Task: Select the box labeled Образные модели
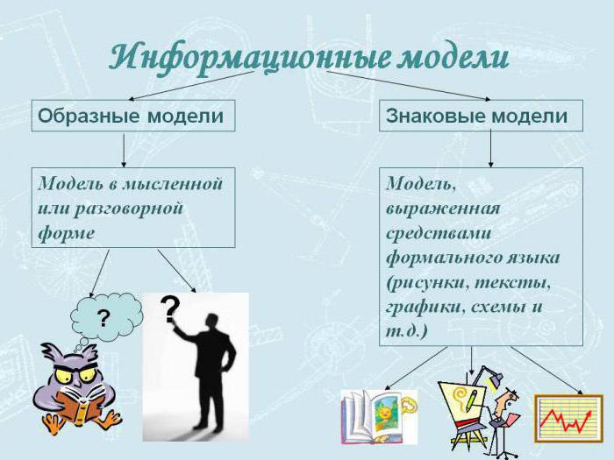click(x=132, y=115)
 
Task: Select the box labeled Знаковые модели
click(x=481, y=115)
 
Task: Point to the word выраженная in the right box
click(x=442, y=209)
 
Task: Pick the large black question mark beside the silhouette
click(x=170, y=309)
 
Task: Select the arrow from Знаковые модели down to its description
click(x=490, y=149)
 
